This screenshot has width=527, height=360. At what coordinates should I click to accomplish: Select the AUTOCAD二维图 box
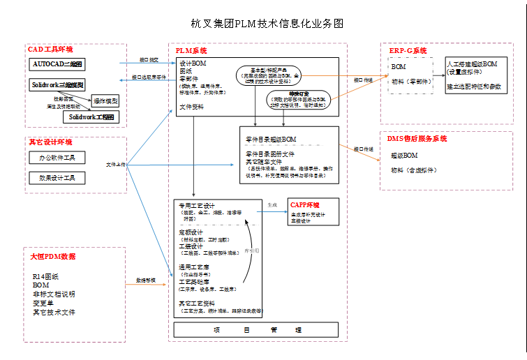(58, 64)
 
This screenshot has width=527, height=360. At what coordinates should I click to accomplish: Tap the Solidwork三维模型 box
(58, 84)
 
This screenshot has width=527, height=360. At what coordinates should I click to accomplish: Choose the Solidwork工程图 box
(91, 117)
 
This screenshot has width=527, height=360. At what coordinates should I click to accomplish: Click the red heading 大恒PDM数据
(52, 256)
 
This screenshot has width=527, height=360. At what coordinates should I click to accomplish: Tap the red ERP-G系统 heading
(408, 50)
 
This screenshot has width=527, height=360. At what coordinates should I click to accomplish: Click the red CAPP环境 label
(305, 205)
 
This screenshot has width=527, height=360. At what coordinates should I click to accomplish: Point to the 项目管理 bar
(256, 330)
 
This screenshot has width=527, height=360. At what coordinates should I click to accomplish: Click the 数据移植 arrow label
(146, 280)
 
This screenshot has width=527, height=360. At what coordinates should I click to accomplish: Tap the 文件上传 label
(116, 165)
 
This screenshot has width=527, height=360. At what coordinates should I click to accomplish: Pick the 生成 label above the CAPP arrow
(272, 205)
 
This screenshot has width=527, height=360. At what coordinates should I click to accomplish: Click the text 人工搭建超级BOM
(471, 63)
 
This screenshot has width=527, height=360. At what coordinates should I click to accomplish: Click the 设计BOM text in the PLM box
(191, 63)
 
